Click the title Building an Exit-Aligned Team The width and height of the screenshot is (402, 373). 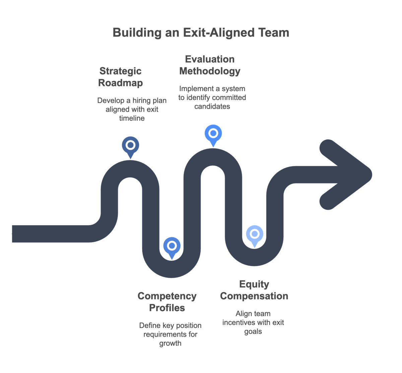(201, 33)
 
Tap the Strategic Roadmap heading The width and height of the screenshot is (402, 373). (121, 77)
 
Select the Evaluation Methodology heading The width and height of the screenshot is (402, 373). (210, 65)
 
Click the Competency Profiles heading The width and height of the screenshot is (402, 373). (167, 302)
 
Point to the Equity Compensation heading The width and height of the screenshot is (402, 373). (254, 290)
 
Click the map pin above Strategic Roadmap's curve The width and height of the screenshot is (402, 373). (130, 146)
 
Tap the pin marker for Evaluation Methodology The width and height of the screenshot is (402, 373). (213, 134)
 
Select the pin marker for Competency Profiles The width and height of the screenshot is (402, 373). (172, 246)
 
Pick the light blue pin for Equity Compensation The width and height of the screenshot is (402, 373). (255, 234)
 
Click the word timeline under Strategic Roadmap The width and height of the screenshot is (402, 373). (132, 118)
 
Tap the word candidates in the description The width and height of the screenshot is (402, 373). (212, 106)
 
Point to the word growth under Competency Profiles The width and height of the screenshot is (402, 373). (170, 343)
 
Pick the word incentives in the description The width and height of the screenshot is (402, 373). (240, 323)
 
